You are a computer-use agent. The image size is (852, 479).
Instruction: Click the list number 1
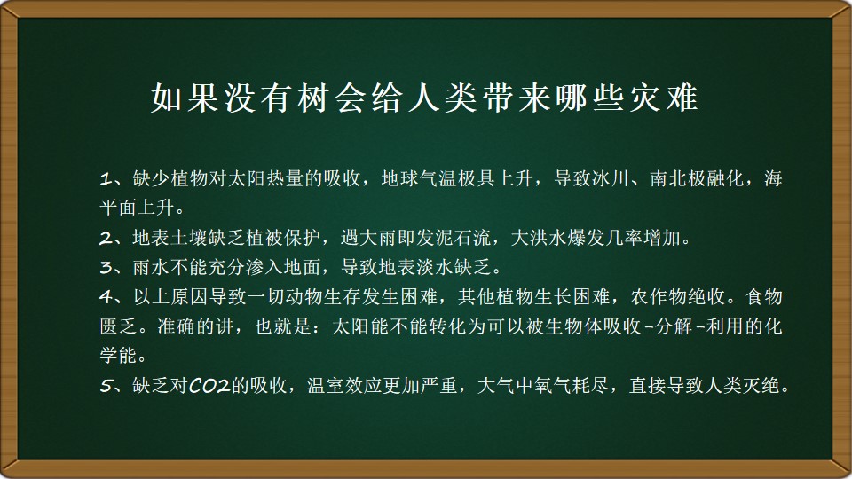pos(106,178)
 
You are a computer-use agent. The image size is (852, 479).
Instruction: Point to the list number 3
pos(106,267)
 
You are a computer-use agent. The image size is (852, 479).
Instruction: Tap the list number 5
pos(106,386)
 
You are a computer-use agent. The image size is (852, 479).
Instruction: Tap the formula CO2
pos(209,386)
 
